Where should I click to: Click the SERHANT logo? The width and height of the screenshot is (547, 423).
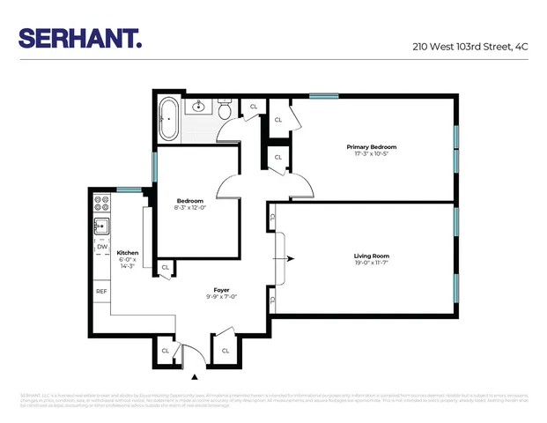[80, 38]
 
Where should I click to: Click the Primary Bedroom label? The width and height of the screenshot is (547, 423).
[371, 147]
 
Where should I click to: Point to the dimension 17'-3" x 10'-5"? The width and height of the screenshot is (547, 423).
[371, 154]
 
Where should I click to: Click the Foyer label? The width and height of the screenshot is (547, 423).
[221, 290]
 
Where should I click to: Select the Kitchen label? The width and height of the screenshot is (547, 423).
[128, 253]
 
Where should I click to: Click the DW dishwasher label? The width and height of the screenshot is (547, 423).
[102, 247]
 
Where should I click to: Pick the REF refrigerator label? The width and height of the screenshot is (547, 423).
[102, 291]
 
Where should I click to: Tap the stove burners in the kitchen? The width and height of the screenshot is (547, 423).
[101, 203]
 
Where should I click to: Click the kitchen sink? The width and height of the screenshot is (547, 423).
[101, 225]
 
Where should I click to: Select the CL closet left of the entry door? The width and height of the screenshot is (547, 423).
[165, 351]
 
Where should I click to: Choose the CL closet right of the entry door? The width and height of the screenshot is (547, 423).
[225, 351]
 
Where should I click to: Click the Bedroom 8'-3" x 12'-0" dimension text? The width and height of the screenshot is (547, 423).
[189, 208]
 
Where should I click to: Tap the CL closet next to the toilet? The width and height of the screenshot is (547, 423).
[254, 107]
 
